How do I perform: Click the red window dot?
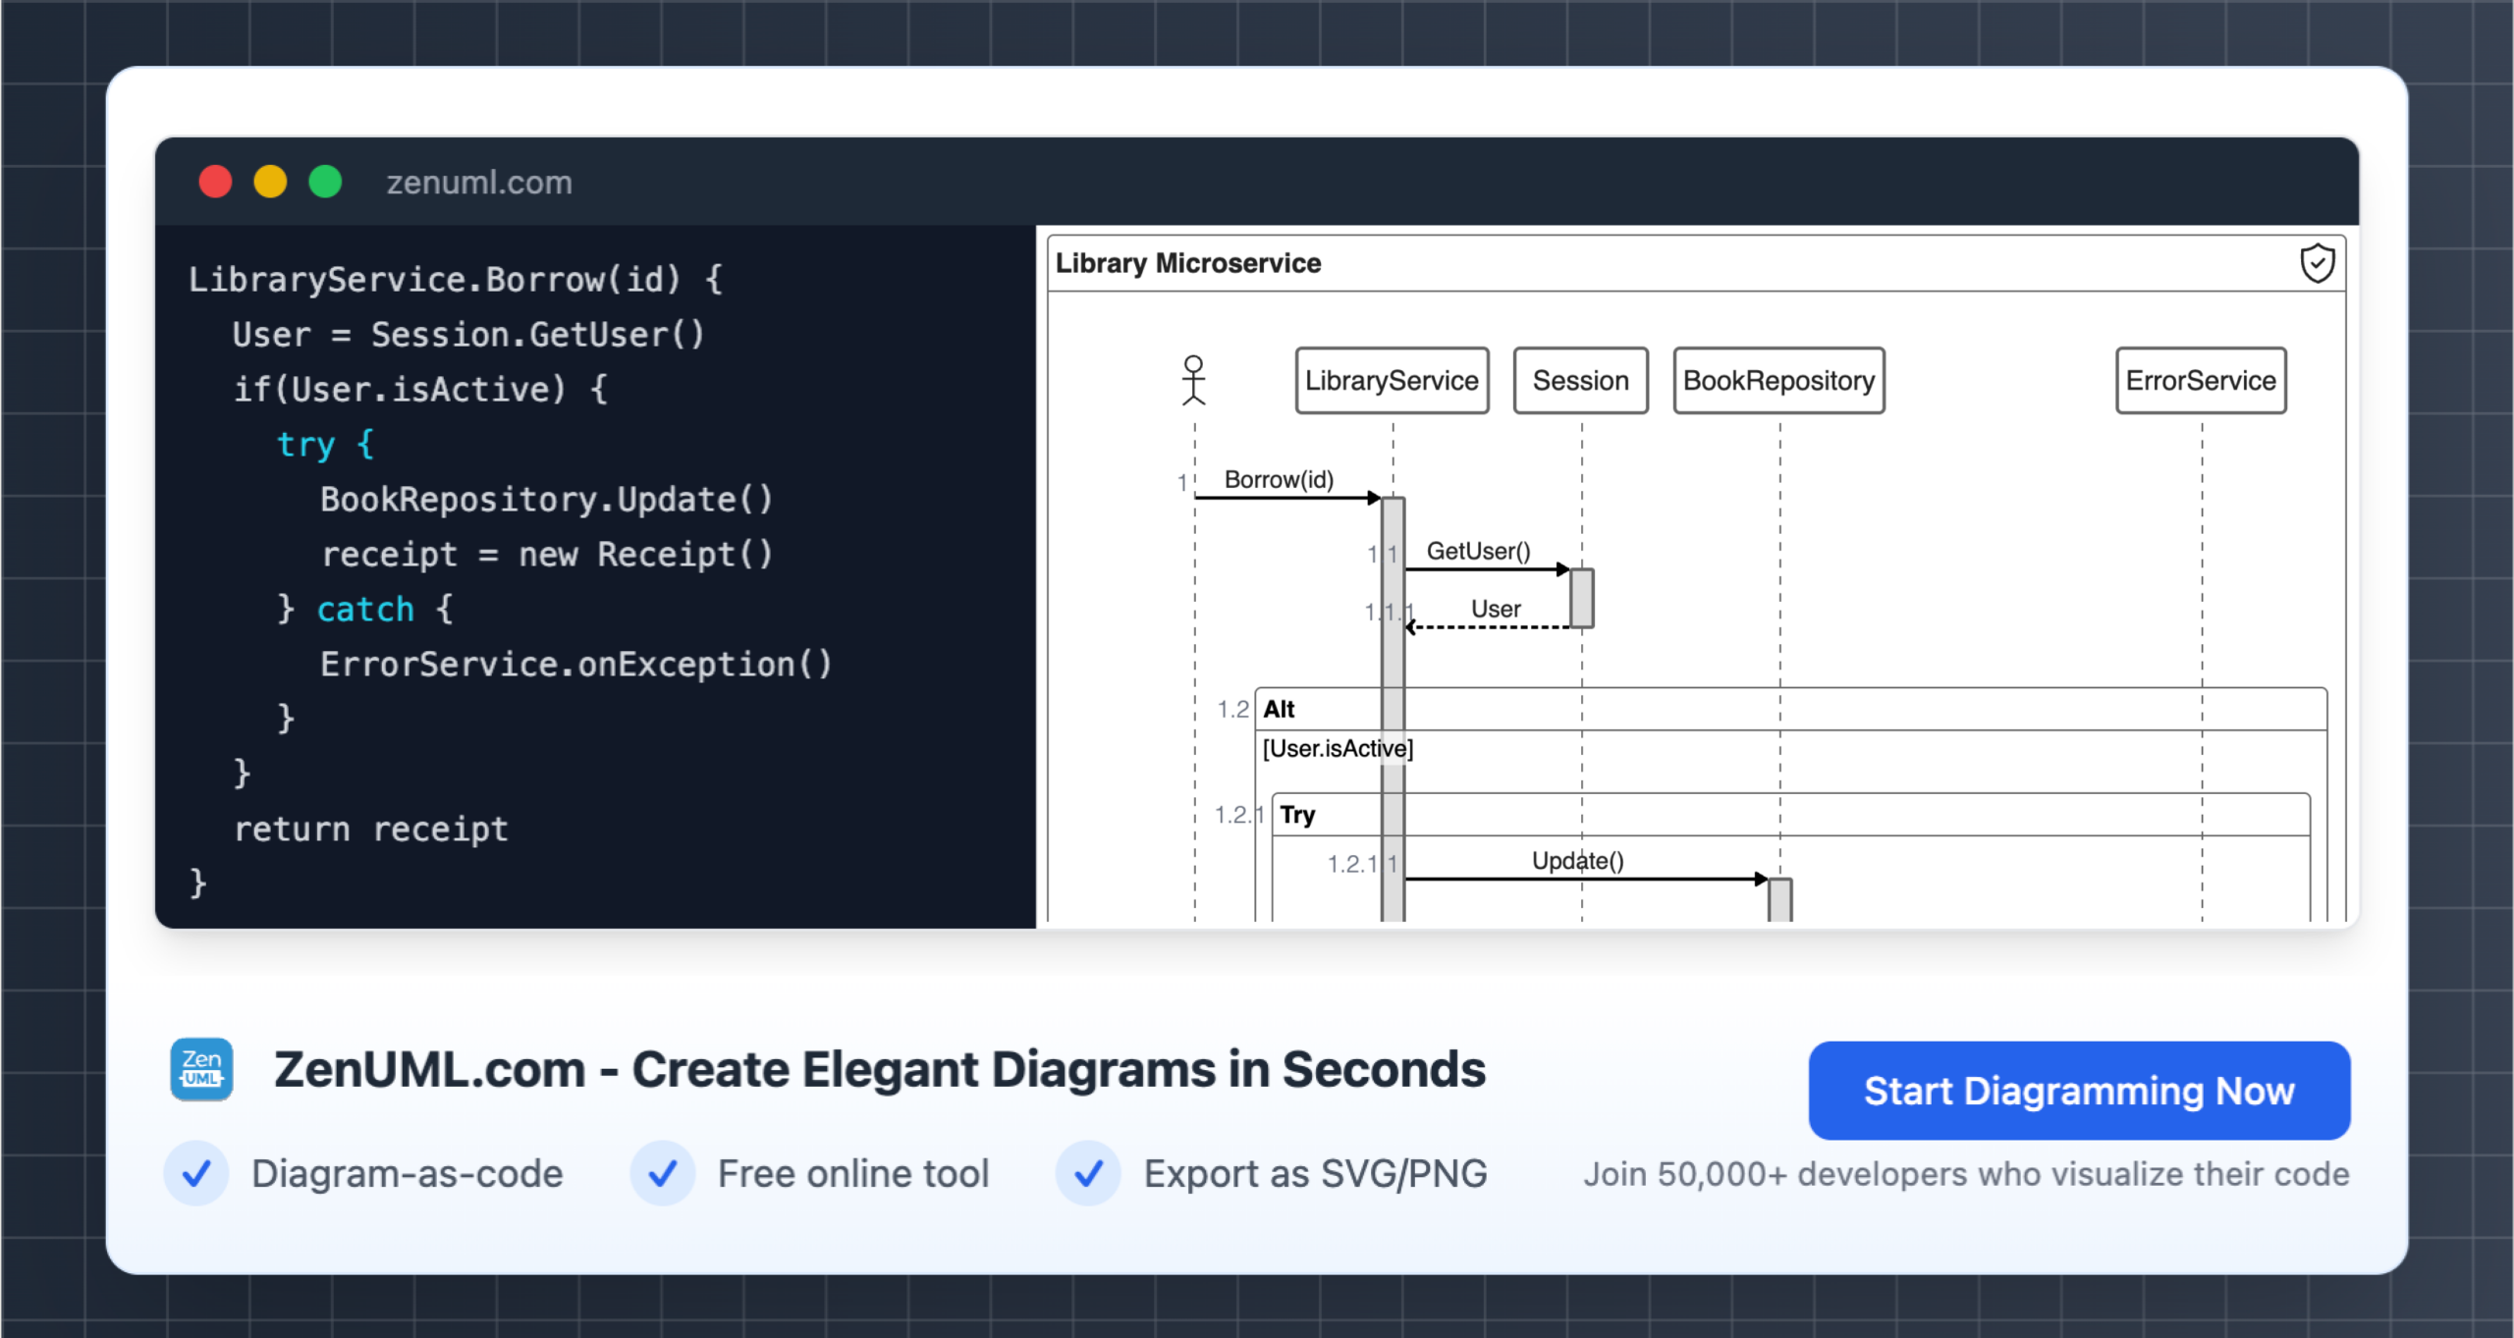215,182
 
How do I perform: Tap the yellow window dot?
270,182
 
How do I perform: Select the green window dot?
325,182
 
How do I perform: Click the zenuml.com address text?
479,183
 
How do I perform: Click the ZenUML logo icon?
201,1069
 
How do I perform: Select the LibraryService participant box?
1392,381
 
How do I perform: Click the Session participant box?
1580,381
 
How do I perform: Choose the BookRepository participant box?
1778,381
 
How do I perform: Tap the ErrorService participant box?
2201,381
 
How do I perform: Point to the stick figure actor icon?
1193,380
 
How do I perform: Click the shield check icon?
2318,263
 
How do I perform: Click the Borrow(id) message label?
1279,480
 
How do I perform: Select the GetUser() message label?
1478,552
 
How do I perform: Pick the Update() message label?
1577,861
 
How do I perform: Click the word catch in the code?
365,610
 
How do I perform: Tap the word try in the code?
305,445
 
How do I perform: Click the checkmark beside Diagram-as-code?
196,1173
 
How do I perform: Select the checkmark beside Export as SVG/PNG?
1088,1173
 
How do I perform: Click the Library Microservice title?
1188,263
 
